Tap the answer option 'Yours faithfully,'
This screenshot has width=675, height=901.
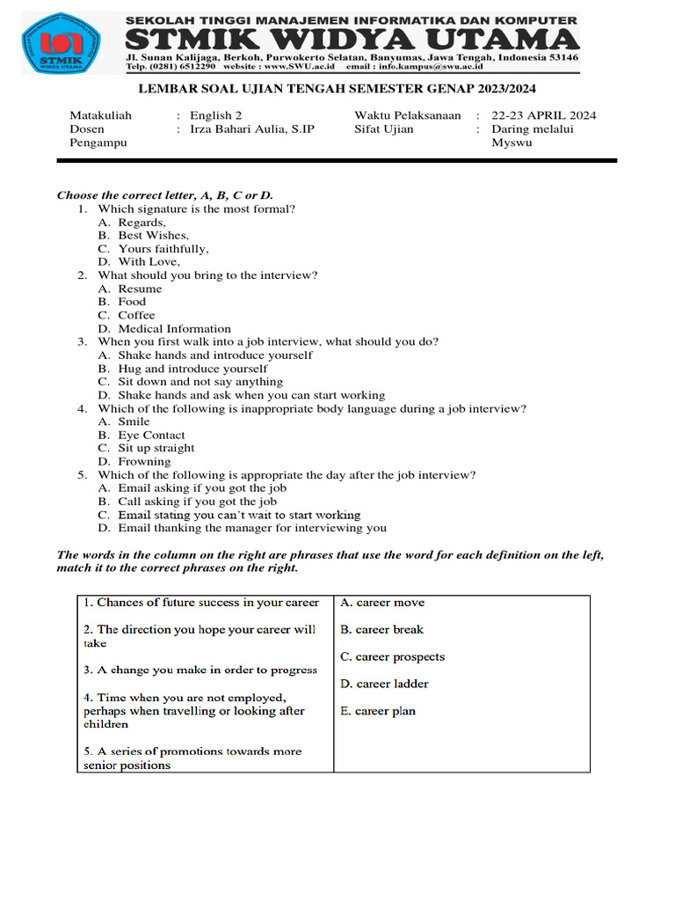(163, 249)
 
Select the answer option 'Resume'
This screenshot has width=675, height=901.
(140, 289)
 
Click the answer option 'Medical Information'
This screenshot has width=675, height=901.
(175, 328)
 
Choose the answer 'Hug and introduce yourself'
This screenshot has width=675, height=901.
(192, 369)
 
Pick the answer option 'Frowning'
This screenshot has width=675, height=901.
(144, 461)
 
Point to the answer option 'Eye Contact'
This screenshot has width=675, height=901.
(151, 435)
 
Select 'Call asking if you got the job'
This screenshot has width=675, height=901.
(197, 502)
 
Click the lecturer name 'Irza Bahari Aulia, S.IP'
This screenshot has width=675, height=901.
(252, 128)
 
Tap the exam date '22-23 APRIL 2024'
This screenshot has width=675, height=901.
(544, 115)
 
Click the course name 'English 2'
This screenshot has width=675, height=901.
(216, 115)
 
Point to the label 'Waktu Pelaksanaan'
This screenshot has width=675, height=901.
(408, 115)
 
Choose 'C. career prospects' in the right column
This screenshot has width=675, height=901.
(392, 656)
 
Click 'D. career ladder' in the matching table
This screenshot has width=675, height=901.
(384, 684)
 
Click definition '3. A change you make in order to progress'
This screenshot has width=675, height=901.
(200, 670)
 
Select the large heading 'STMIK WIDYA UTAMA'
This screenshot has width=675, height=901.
(352, 40)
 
